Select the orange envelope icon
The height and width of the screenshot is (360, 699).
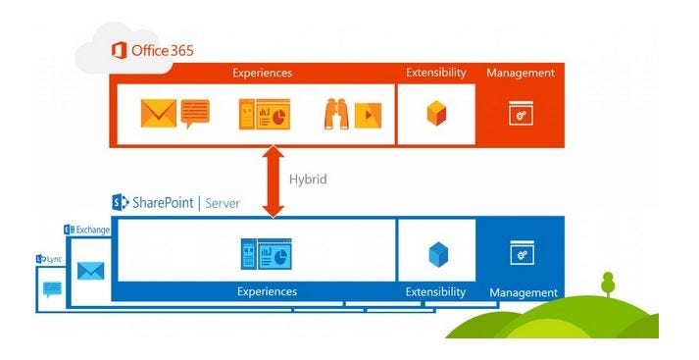coord(157,114)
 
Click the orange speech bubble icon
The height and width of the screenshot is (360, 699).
coord(194,111)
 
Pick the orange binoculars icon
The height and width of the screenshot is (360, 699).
coord(336,114)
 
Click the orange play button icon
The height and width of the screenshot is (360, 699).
coord(368,115)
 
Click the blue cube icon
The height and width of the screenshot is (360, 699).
coord(437,254)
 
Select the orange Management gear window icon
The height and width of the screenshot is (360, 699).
coord(521,114)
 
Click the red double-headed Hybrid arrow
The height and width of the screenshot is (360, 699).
coord(274,181)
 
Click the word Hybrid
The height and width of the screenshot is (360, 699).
coord(307,180)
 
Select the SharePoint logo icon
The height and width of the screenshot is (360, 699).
coord(121,203)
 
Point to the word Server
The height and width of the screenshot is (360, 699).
coord(223,203)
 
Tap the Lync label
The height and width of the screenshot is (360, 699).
coord(52,259)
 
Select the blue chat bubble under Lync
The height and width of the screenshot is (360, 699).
coord(52,289)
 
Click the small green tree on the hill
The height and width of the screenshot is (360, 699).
coord(608,283)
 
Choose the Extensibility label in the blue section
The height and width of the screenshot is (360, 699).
coord(436,292)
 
